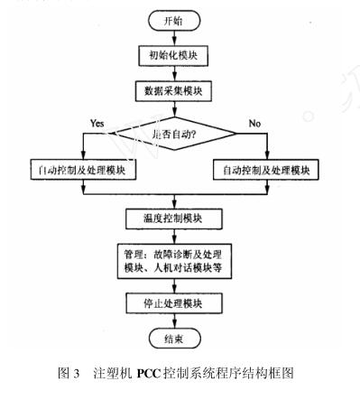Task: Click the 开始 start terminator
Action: click(178, 21)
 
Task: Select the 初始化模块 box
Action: click(178, 56)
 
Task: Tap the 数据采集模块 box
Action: click(178, 91)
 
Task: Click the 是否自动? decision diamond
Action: click(178, 134)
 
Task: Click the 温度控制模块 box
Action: click(177, 218)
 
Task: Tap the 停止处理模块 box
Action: click(177, 302)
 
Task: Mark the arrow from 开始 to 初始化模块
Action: click(178, 37)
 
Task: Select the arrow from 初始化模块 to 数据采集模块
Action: click(178, 73)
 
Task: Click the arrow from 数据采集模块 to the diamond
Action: click(178, 108)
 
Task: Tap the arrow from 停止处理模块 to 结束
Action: click(177, 320)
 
